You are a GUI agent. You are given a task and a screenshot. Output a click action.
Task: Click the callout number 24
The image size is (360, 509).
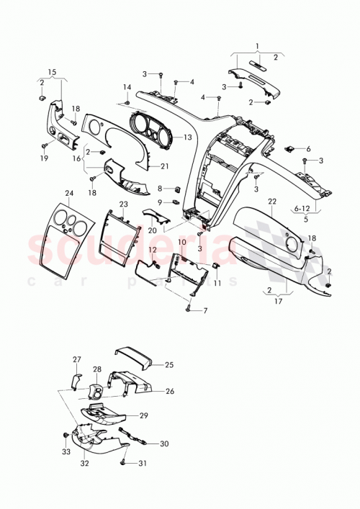tap(69, 194)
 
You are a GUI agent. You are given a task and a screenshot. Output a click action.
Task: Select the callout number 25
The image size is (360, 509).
tap(170, 365)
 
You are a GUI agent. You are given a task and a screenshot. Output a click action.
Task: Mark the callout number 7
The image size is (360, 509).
tap(204, 310)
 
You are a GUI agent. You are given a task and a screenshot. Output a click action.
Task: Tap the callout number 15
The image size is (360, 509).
tap(51, 72)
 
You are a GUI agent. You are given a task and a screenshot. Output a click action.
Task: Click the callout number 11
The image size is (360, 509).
tap(216, 284)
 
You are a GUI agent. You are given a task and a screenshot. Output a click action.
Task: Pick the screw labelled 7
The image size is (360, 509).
tap(189, 309)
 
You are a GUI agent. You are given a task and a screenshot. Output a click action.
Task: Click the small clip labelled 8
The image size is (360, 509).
tap(176, 189)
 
